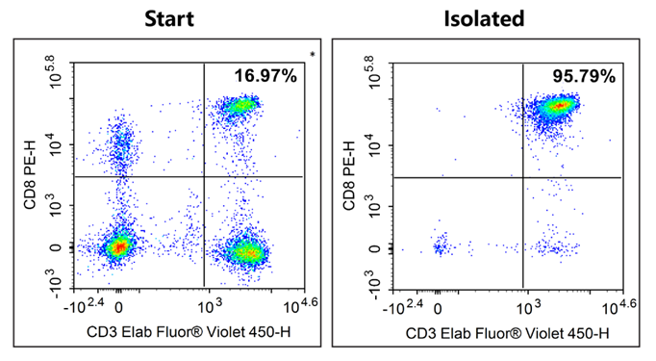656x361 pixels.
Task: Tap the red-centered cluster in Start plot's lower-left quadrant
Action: point(117,247)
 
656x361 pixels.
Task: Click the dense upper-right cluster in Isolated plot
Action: point(556,105)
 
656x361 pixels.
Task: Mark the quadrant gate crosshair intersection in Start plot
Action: point(205,177)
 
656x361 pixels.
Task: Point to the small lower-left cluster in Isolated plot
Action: point(441,247)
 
